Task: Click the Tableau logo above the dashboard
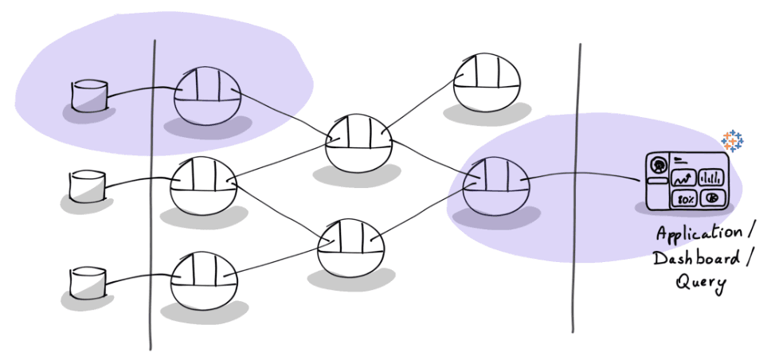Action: [732, 141]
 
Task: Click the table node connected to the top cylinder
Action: [206, 96]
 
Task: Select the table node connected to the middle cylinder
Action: [204, 186]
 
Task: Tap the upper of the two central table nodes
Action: [360, 142]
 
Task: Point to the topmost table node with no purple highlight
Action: [487, 82]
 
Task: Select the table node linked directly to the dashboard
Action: [495, 186]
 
